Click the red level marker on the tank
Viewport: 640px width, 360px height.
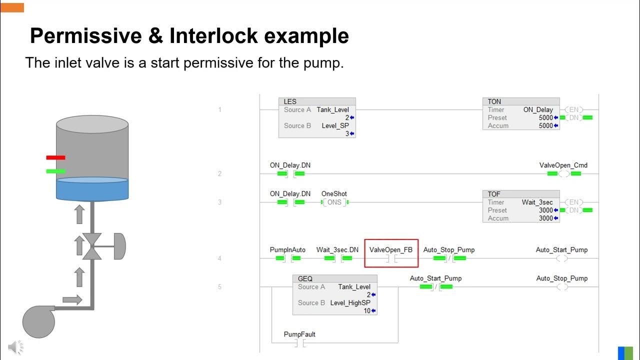pyautogui.click(x=55, y=157)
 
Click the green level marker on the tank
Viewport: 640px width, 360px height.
pyautogui.click(x=55, y=171)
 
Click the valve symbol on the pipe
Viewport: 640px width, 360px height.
pyautogui.click(x=92, y=246)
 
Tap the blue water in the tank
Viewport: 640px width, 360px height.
pyautogui.click(x=92, y=189)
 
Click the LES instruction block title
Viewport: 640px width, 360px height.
pyautogui.click(x=290, y=101)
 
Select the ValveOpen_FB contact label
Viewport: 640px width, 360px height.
pyautogui.click(x=391, y=249)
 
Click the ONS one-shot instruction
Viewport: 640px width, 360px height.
pyautogui.click(x=334, y=202)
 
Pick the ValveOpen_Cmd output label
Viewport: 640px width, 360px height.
pyautogui.click(x=563, y=165)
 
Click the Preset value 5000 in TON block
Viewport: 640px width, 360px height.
pyautogui.click(x=545, y=117)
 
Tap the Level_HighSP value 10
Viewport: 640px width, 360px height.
pyautogui.click(x=366, y=310)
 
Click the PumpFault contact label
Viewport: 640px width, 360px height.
pyautogui.click(x=299, y=334)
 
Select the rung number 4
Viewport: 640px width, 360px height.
pyautogui.click(x=219, y=258)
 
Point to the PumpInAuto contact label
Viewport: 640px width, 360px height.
pyautogui.click(x=287, y=249)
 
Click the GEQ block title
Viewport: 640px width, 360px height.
pyautogui.click(x=305, y=278)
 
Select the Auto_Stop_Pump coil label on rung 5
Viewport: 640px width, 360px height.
pyautogui.click(x=562, y=278)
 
